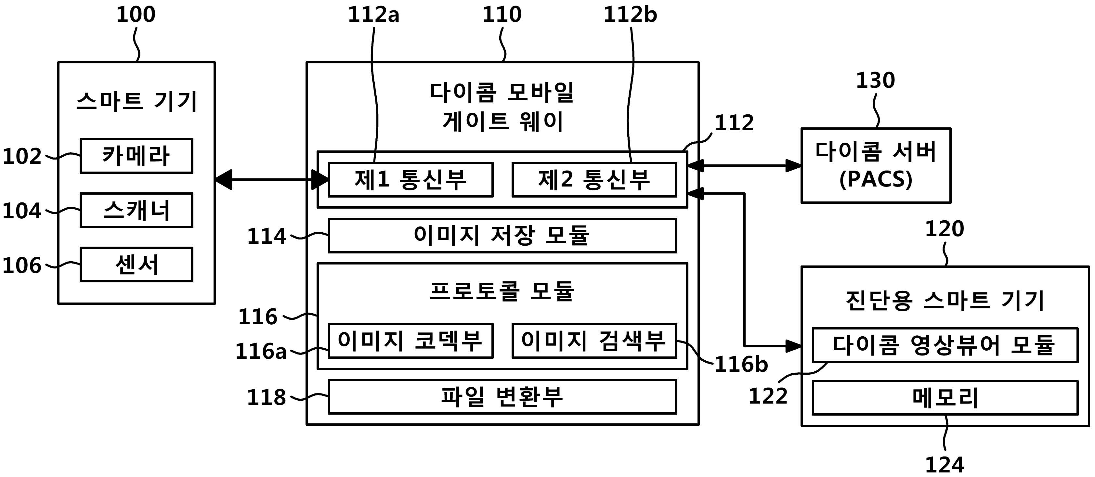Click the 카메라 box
137,156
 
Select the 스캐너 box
137,210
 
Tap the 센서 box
137,264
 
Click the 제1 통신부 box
411,179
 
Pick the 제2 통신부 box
594,179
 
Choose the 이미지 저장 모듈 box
502,236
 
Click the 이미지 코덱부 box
411,341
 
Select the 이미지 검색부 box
594,341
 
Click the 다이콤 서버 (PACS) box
876,165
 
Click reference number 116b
741,364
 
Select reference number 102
22,156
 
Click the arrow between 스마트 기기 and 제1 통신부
272,179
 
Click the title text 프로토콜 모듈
502,291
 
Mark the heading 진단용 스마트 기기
945,301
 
